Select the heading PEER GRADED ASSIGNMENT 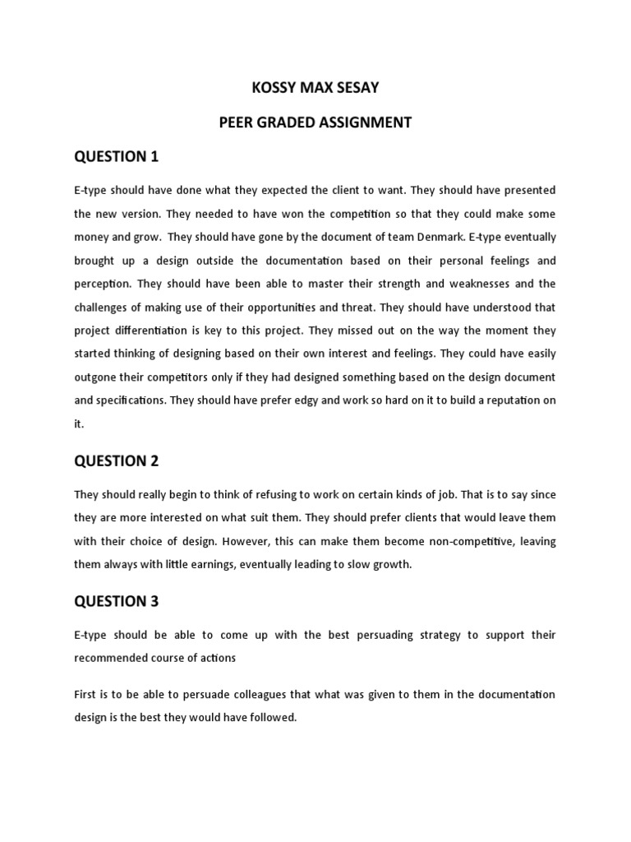(315, 123)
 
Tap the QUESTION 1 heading (116, 156)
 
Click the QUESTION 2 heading (116, 460)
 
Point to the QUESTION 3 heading (116, 601)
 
